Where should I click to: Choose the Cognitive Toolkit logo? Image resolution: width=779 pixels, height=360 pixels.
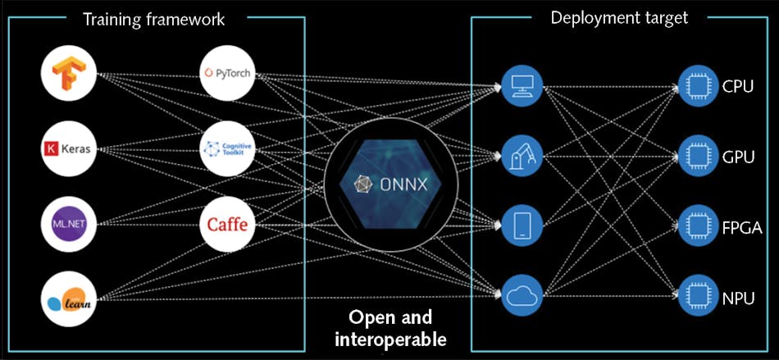[x=226, y=149]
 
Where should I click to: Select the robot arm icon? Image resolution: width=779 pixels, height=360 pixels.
[x=522, y=153]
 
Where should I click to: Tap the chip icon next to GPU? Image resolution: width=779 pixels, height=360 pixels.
[x=697, y=155]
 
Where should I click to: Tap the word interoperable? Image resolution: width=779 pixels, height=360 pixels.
[x=389, y=337]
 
